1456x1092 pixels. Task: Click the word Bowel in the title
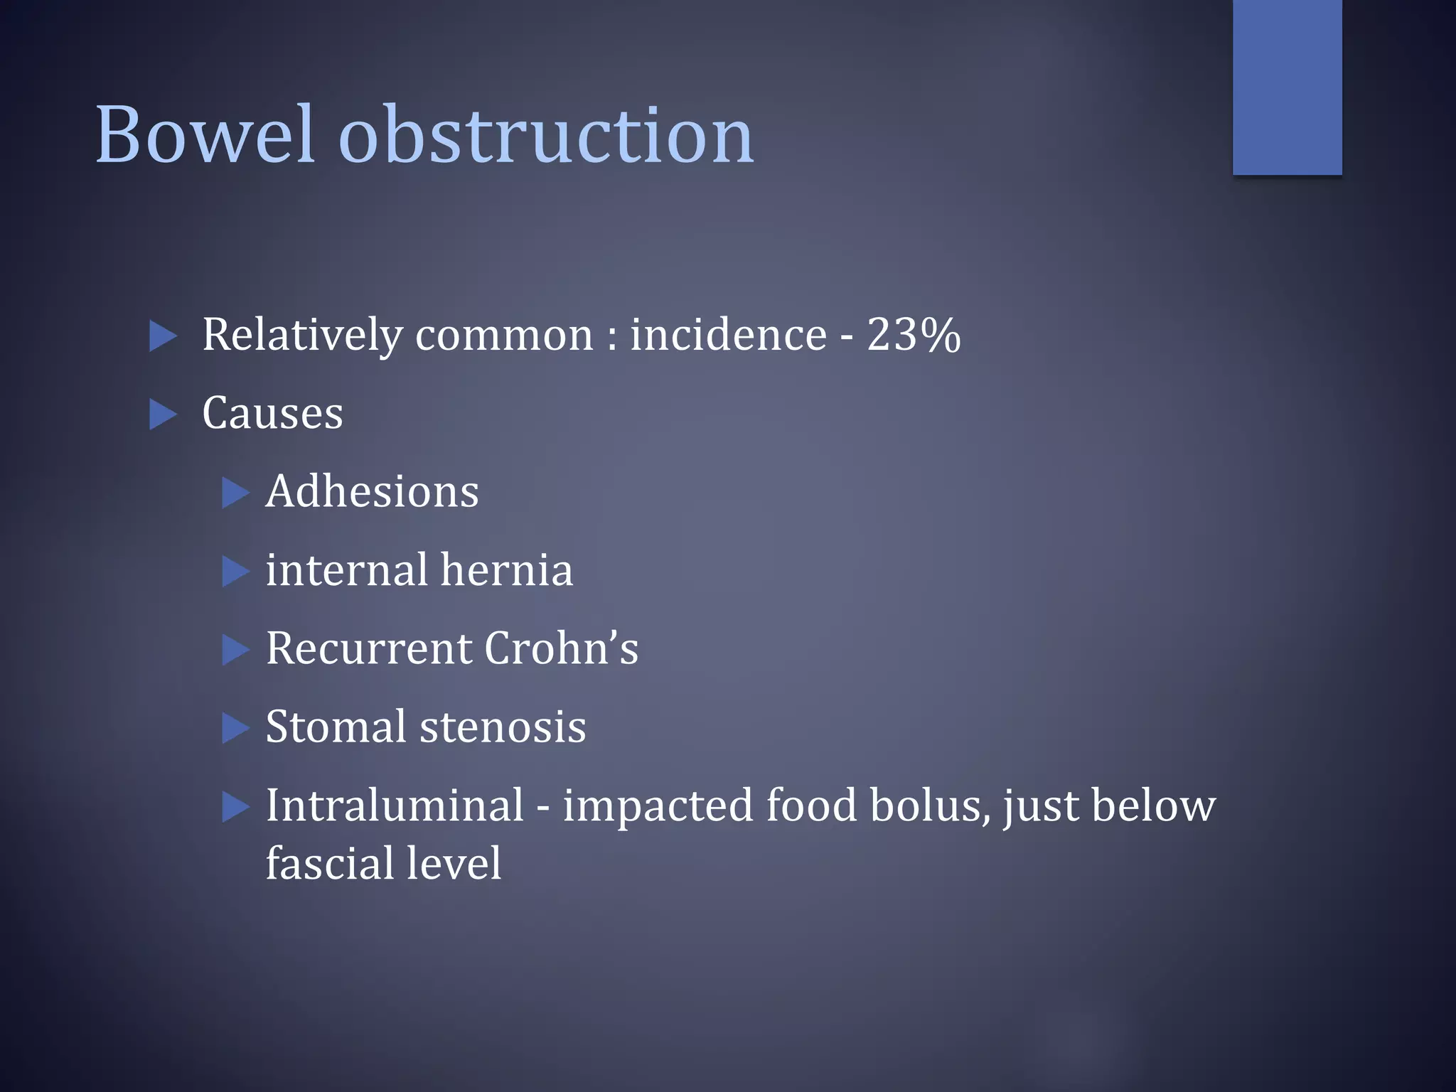coord(204,134)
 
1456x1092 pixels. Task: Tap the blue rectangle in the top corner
coord(1287,87)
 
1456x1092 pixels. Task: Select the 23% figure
coord(914,334)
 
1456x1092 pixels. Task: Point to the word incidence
coord(728,334)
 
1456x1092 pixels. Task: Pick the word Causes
coord(272,413)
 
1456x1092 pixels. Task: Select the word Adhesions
coord(372,491)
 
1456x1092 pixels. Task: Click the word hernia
coord(506,569)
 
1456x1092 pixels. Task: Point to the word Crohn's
coord(562,648)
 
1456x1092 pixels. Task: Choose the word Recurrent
coord(368,648)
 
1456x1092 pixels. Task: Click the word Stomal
coord(336,727)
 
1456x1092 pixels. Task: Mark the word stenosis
coord(503,727)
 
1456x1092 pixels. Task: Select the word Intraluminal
coord(395,805)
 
